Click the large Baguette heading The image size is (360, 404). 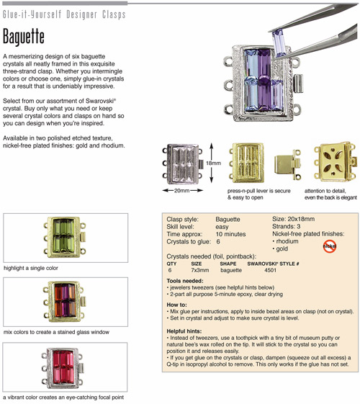click(24, 37)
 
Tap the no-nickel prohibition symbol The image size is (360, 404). click(330, 246)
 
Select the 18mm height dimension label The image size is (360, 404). click(213, 163)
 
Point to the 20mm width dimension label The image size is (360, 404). click(182, 191)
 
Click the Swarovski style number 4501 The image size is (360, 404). click(271, 270)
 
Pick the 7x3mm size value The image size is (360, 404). click(200, 270)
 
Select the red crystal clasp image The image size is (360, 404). click(63, 368)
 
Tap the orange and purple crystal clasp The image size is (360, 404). click(64, 302)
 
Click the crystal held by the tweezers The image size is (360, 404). click(279, 43)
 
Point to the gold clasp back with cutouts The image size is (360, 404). click(336, 162)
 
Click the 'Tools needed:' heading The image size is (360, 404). click(185, 281)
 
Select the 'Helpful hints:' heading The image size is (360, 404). click(184, 331)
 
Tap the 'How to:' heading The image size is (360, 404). click(176, 305)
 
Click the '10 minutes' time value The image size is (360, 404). click(230, 234)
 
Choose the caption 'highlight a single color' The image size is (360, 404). click(31, 268)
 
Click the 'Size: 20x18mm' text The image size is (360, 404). click(293, 219)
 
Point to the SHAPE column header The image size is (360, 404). click(228, 264)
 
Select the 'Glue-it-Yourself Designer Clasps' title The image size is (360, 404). click(64, 14)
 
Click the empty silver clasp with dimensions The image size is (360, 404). click(183, 164)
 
